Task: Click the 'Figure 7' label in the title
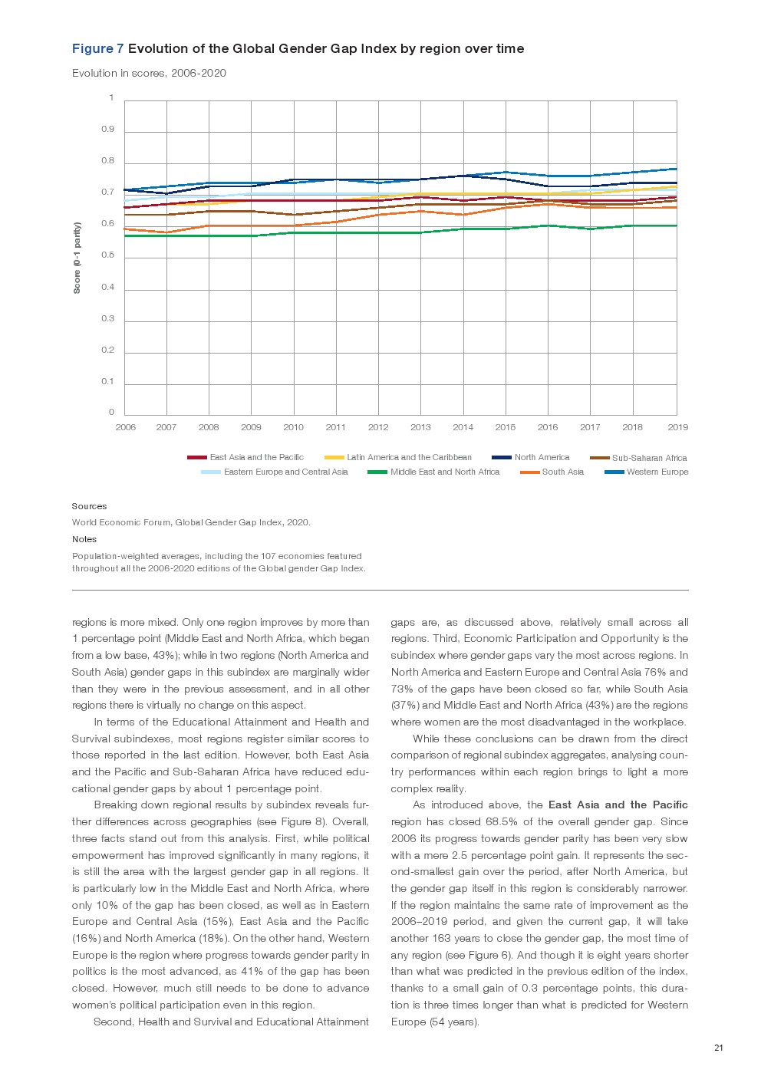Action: point(97,49)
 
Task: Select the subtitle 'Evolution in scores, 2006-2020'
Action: point(149,74)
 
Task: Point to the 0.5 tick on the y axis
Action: point(107,255)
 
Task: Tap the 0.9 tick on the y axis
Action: point(107,130)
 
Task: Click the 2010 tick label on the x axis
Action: point(293,427)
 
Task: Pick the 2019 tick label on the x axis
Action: point(677,427)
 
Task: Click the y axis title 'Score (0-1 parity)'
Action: point(77,258)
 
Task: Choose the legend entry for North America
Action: point(542,457)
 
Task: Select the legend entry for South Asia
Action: point(562,472)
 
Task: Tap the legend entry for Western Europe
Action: point(657,472)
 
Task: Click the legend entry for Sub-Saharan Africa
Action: point(649,458)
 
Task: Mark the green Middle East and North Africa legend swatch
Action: point(377,472)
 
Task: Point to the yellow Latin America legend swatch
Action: point(334,458)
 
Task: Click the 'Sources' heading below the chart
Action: point(89,506)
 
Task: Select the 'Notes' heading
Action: point(84,539)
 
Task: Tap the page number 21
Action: point(718,1048)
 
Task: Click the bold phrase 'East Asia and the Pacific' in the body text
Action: point(618,805)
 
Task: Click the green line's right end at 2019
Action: point(676,225)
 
